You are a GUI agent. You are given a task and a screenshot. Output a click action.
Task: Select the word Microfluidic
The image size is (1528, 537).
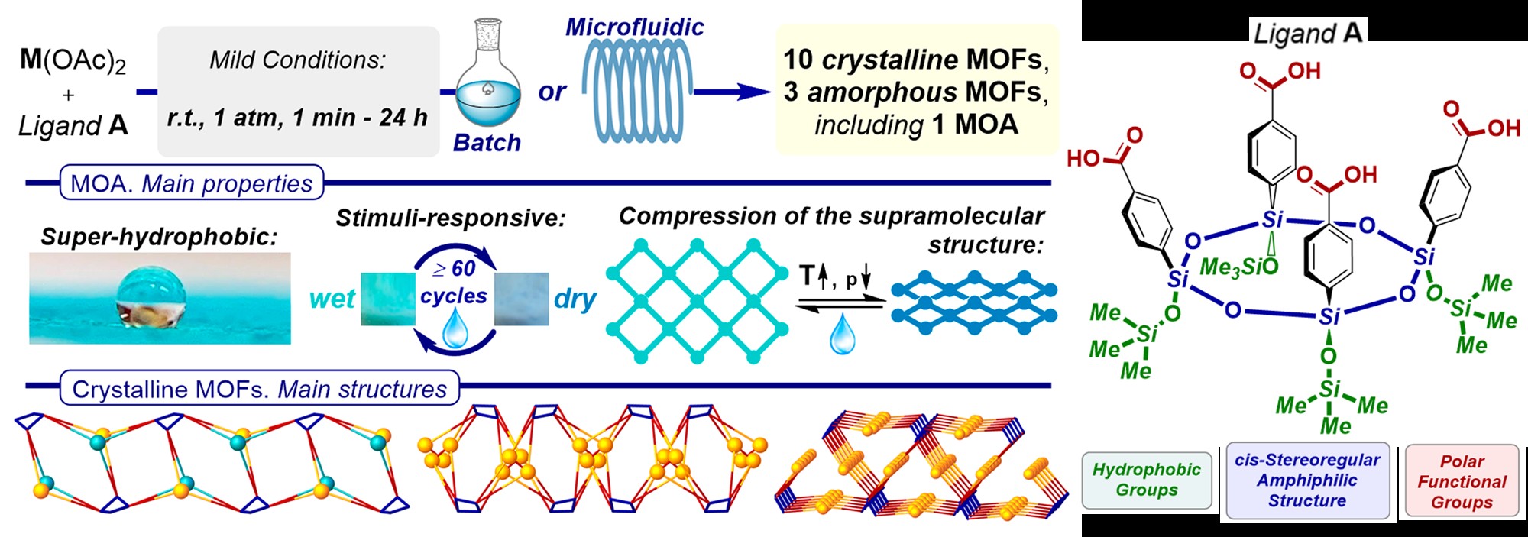click(634, 27)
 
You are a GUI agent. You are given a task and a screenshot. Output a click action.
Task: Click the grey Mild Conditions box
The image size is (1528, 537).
click(298, 91)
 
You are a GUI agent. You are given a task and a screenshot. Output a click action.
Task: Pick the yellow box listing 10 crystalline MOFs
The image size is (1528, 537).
click(917, 90)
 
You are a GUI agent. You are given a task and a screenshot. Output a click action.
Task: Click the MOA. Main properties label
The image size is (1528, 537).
click(191, 183)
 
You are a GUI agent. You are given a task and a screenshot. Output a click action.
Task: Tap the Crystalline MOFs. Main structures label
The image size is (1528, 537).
click(259, 389)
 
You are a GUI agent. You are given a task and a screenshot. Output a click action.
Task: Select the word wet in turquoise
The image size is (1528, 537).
click(332, 299)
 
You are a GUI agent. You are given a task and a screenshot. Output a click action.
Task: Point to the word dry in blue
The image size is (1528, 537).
click(575, 299)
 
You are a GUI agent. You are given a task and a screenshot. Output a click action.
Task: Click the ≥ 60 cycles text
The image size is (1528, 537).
click(454, 282)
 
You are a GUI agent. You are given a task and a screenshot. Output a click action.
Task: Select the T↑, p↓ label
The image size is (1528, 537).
click(835, 277)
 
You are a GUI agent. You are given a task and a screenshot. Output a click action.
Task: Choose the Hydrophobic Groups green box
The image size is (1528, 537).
click(1146, 480)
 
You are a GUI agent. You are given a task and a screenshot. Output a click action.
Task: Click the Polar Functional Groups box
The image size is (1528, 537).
click(1462, 481)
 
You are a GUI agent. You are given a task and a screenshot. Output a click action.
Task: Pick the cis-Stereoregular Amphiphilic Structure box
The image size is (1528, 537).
click(1307, 480)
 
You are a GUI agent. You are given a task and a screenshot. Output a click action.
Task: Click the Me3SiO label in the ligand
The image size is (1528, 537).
click(1238, 267)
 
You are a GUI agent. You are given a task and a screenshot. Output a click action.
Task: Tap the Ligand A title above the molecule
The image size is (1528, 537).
click(1307, 33)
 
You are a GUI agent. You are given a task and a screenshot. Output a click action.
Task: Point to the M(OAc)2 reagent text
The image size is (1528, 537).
click(73, 60)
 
